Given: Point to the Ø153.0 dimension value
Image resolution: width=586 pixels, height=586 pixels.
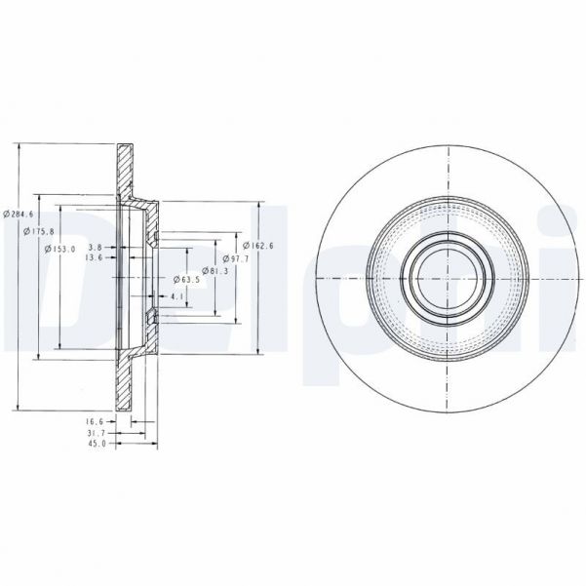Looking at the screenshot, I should (x=60, y=249).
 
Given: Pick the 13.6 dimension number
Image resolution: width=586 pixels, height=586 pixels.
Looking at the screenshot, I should (x=95, y=258).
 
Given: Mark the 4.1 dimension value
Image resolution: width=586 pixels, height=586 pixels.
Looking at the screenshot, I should (x=176, y=296).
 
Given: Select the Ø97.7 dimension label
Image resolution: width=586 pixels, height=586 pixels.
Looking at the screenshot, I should (x=238, y=259).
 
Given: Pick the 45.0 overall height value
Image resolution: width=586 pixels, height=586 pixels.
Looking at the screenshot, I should (x=96, y=446).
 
